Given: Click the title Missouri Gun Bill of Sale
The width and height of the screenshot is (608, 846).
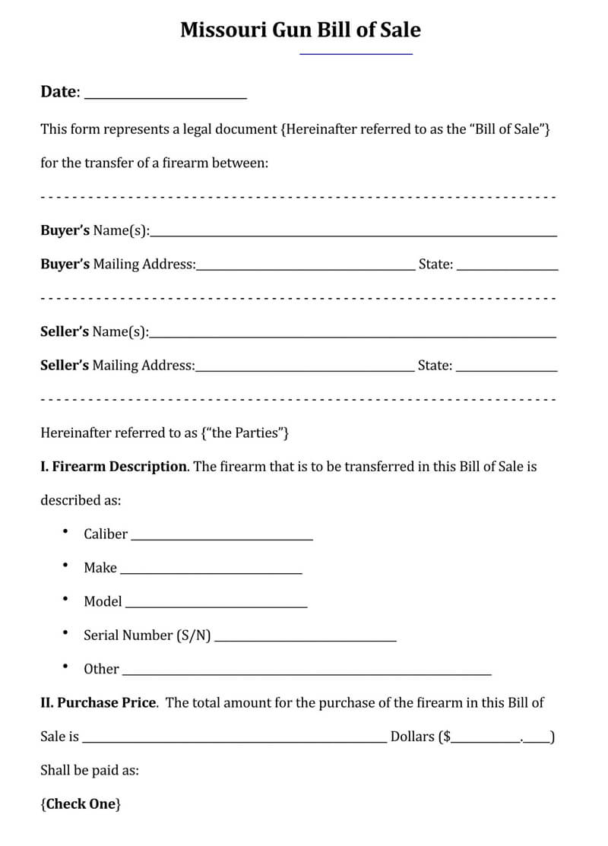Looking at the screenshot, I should (x=300, y=30).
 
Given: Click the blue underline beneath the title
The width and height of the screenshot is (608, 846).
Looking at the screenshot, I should (x=356, y=54).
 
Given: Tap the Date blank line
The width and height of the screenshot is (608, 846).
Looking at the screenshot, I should (x=165, y=97).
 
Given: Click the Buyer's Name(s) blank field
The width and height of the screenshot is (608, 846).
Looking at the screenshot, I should (x=353, y=235).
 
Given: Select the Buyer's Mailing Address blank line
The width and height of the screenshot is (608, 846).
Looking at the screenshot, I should (x=306, y=268).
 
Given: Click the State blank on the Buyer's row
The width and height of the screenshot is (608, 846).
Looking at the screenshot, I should (x=507, y=268).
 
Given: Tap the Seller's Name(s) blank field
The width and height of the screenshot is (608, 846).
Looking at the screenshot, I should (x=353, y=336).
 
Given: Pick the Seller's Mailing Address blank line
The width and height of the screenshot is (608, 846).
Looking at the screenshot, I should (x=305, y=369).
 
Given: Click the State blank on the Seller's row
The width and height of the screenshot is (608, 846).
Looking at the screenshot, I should (x=506, y=369).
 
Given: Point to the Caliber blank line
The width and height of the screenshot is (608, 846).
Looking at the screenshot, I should (x=222, y=538).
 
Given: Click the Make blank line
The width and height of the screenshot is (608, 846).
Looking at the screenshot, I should (x=211, y=572).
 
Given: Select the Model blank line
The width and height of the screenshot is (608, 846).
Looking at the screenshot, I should (x=216, y=606).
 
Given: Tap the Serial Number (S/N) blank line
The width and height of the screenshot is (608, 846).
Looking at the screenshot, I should (x=306, y=639).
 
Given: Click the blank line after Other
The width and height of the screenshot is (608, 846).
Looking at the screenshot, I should (x=306, y=673).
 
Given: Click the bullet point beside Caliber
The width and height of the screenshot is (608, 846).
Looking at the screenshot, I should (x=66, y=532).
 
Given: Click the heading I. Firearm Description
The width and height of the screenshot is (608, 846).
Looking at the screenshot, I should (x=113, y=467).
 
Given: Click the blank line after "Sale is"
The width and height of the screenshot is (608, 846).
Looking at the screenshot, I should (x=234, y=740).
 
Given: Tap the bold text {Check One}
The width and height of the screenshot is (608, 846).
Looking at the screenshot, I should (x=81, y=803).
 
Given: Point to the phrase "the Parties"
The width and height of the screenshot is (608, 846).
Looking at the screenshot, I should (x=245, y=433).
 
